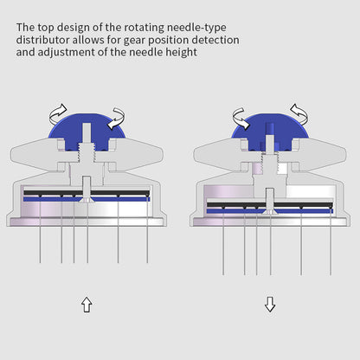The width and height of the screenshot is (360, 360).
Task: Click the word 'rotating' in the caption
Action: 145,28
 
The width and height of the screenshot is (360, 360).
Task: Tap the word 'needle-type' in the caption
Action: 196,28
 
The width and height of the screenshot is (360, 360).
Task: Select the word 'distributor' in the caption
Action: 42,40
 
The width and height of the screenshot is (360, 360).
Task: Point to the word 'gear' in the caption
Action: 135,41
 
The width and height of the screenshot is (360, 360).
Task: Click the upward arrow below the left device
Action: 87,305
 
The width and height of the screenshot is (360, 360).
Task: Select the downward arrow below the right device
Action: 270,305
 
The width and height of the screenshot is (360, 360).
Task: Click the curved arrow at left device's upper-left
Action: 58,113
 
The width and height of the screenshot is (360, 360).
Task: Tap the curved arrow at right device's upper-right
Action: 299,114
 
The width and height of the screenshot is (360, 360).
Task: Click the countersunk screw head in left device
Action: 87,200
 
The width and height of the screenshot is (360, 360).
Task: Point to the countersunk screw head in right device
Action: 270,212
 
